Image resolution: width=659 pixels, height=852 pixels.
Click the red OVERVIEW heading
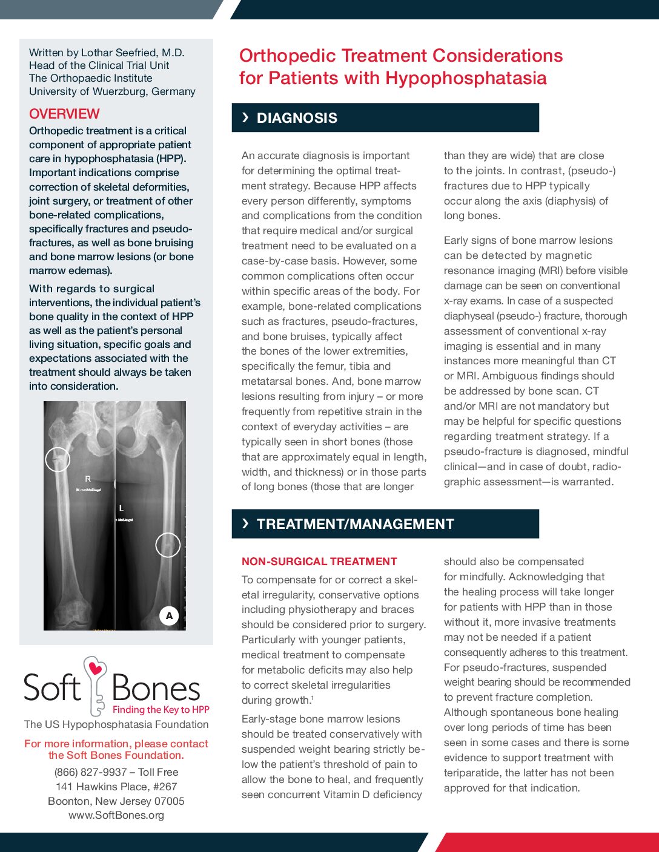(x=64, y=114)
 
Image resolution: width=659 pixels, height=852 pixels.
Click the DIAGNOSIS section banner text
(x=297, y=118)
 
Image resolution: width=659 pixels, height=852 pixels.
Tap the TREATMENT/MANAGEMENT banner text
(x=355, y=524)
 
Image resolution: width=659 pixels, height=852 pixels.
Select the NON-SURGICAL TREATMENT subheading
(x=319, y=562)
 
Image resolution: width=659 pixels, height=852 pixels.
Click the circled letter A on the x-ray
(x=169, y=615)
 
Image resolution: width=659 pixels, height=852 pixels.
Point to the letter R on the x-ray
(x=88, y=479)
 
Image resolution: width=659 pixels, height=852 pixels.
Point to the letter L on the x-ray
(x=121, y=508)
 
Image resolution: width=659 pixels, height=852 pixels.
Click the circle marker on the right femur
(x=58, y=460)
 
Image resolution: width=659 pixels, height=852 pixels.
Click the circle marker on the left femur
(x=168, y=545)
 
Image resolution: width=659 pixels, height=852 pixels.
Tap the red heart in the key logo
(x=95, y=669)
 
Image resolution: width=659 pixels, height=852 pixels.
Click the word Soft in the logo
(x=52, y=689)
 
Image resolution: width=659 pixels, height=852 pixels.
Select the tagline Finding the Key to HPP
(x=161, y=710)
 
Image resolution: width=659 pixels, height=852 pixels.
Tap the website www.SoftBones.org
(x=116, y=815)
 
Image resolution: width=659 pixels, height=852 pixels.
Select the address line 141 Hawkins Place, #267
(x=116, y=787)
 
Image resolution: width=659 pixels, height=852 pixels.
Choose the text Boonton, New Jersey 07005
(x=116, y=801)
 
